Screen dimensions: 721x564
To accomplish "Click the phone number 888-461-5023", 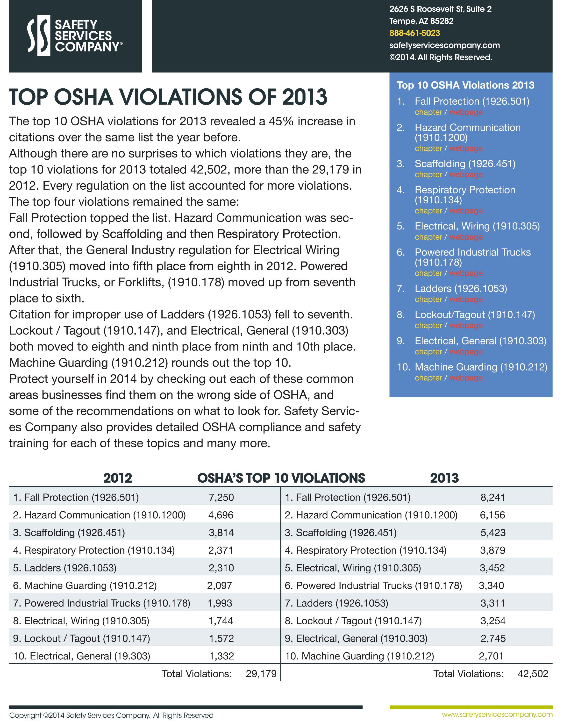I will pyautogui.click(x=414, y=33).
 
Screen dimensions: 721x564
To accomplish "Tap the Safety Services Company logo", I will pyautogui.click(x=75, y=36).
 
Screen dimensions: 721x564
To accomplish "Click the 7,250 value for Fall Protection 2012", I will pyautogui.click(x=221, y=498).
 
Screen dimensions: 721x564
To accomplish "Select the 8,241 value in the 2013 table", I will pyautogui.click(x=493, y=498).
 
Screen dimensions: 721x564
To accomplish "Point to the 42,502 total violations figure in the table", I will pyautogui.click(x=533, y=674).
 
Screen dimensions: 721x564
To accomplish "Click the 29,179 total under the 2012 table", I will pyautogui.click(x=261, y=674).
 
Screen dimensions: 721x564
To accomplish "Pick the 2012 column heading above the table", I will pyautogui.click(x=118, y=478).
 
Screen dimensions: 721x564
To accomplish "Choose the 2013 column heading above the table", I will pyautogui.click(x=444, y=478).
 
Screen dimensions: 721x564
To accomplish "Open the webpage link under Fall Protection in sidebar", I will pyautogui.click(x=466, y=112).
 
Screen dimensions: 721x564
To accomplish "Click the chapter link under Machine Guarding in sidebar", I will pyautogui.click(x=428, y=378).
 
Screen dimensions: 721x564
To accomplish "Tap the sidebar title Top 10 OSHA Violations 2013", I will pyautogui.click(x=465, y=85).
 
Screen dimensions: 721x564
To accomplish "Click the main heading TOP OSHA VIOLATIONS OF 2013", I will pyautogui.click(x=168, y=97).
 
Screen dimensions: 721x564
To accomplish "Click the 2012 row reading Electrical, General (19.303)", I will pyautogui.click(x=82, y=656).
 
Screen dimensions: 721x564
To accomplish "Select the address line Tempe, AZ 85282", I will pyautogui.click(x=421, y=21).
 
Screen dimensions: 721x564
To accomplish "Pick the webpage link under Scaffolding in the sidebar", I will pyautogui.click(x=466, y=175).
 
